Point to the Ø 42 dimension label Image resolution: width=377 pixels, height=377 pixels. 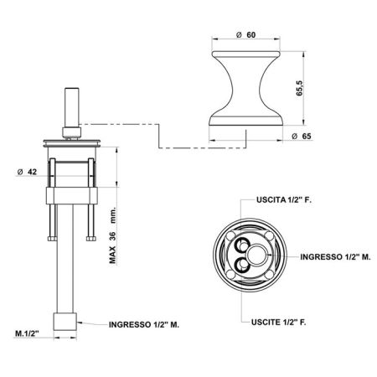[26, 173]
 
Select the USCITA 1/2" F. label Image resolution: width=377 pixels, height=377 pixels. [281, 201]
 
